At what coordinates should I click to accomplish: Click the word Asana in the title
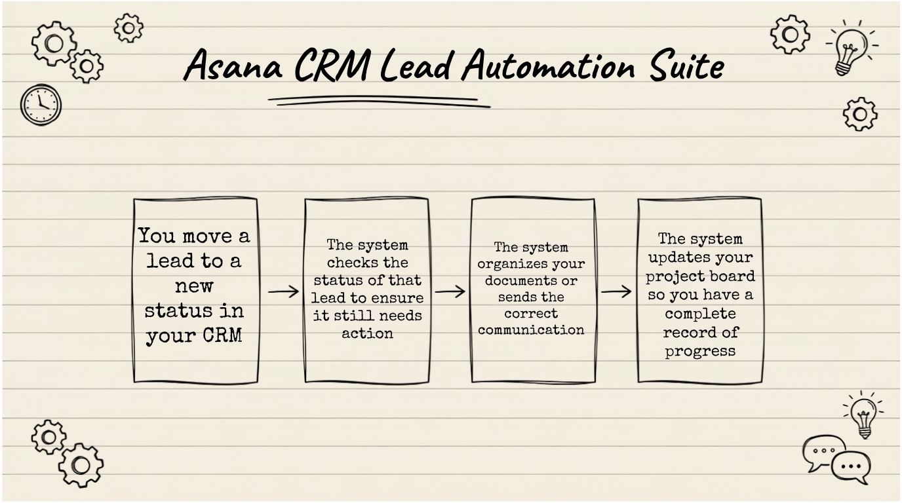click(233, 65)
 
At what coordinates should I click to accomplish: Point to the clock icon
click(41, 105)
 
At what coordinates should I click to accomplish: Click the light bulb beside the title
click(851, 48)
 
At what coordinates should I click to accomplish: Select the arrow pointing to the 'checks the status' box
click(283, 291)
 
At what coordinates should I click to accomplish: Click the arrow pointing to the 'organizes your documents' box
click(450, 291)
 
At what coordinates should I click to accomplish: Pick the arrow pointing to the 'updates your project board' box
click(616, 291)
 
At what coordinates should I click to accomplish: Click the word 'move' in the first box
click(207, 237)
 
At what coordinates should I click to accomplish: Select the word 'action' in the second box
click(367, 333)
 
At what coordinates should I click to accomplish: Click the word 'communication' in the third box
click(531, 330)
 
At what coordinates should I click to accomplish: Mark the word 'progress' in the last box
click(700, 351)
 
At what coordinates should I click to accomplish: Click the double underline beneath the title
click(379, 102)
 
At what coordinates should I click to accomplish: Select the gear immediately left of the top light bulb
click(791, 35)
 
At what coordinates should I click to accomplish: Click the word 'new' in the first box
click(194, 286)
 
